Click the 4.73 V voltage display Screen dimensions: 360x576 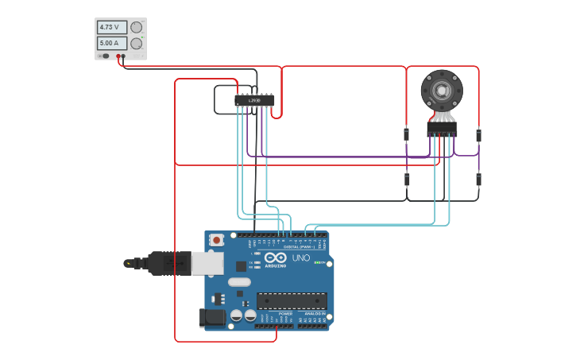[111, 27]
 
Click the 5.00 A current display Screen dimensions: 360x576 [111, 43]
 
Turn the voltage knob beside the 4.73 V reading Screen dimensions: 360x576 [137, 27]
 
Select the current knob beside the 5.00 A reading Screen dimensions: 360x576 [137, 43]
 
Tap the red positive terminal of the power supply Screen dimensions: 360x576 [118, 56]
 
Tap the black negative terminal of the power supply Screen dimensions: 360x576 [126, 56]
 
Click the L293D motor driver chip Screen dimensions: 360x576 [254, 100]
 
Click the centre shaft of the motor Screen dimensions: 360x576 [441, 91]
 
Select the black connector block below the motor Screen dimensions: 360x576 [442, 128]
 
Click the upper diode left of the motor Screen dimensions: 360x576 [407, 134]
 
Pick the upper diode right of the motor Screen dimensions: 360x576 [478, 135]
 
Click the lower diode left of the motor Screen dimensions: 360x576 [407, 180]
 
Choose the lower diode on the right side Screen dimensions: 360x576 [478, 180]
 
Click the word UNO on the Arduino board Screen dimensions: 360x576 [301, 257]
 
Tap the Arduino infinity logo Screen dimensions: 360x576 [276, 257]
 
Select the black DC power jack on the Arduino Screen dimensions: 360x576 [212, 317]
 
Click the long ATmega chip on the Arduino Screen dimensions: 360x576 [292, 300]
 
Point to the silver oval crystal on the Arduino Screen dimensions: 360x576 [239, 282]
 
